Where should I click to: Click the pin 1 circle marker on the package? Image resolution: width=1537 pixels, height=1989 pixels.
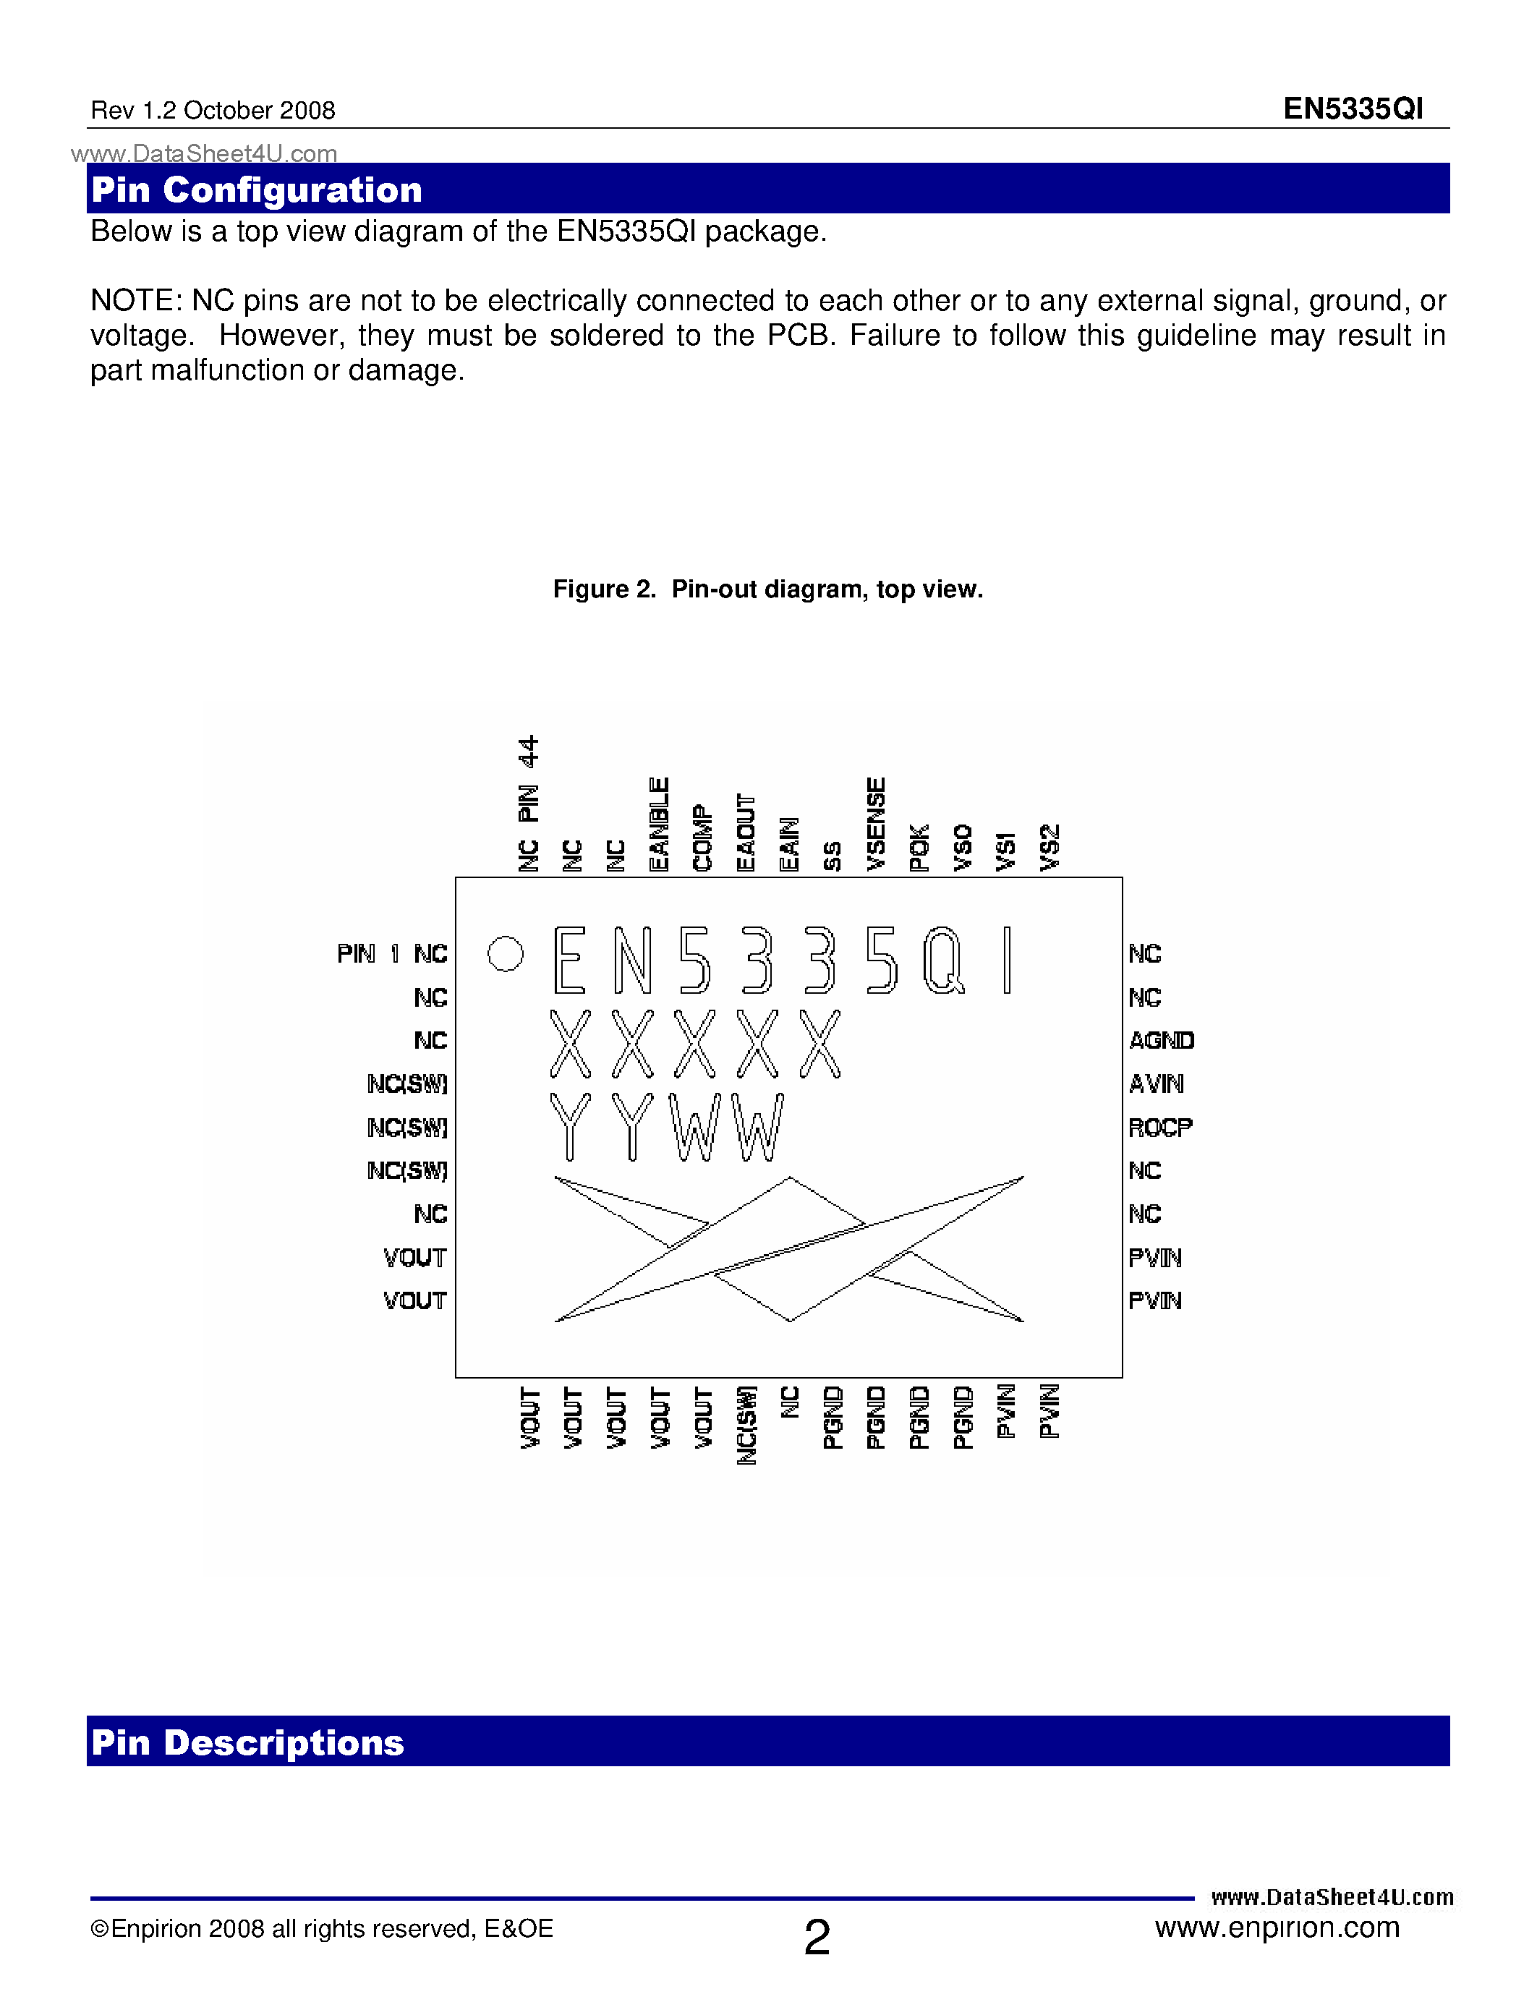coord(506,953)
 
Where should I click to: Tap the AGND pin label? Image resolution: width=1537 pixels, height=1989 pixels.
coord(1161,1040)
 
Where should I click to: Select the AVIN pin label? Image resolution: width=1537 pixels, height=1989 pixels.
coord(1157,1083)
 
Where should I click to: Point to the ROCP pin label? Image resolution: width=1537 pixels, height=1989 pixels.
coord(1160,1128)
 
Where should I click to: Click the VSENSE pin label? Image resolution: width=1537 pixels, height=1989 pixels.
coord(876,825)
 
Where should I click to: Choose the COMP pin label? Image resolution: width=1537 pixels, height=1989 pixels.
coord(702,838)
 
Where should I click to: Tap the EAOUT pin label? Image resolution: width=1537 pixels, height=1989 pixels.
coord(746,832)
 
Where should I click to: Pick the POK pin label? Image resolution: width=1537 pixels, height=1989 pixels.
coord(919,848)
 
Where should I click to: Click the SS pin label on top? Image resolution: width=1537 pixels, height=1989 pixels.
coord(833,856)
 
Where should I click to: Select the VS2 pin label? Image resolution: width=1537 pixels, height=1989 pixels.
coord(1049,848)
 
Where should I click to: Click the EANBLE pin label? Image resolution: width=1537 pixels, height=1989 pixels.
coord(658,825)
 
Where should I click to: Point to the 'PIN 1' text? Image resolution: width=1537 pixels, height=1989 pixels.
coord(369,953)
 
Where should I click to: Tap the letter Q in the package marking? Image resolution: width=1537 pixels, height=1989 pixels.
coord(943,960)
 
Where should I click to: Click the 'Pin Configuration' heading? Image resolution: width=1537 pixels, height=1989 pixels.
coord(257,189)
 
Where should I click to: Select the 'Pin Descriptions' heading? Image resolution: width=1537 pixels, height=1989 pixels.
coord(247,1742)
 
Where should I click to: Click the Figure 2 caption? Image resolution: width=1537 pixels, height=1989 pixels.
coord(767,589)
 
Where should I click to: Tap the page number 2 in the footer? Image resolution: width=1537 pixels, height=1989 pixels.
coord(817,1937)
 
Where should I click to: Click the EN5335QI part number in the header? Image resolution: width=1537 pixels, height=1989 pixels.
coord(1353,109)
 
